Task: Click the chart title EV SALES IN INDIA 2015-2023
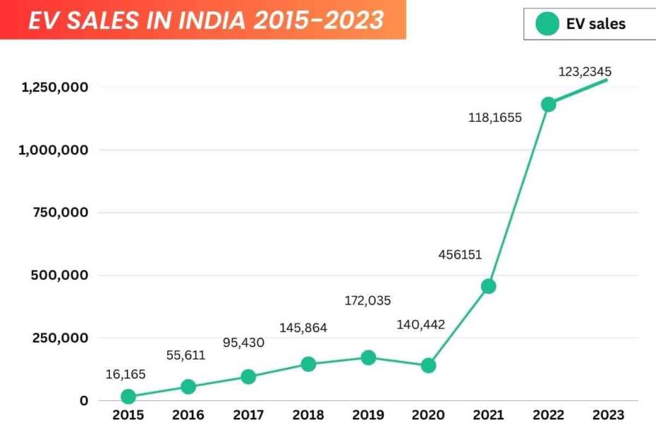(206, 20)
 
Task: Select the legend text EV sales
(596, 24)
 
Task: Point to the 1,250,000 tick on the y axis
(54, 87)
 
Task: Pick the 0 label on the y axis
(84, 400)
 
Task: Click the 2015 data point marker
(128, 397)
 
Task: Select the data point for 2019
(368, 357)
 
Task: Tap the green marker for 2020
(428, 365)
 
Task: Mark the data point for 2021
(488, 286)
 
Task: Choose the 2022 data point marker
(548, 104)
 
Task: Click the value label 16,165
(126, 374)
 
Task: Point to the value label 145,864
(303, 328)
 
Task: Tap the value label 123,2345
(585, 71)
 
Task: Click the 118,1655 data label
(495, 118)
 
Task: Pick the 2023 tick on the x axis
(608, 415)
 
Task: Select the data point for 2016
(188, 387)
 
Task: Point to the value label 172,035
(368, 301)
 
